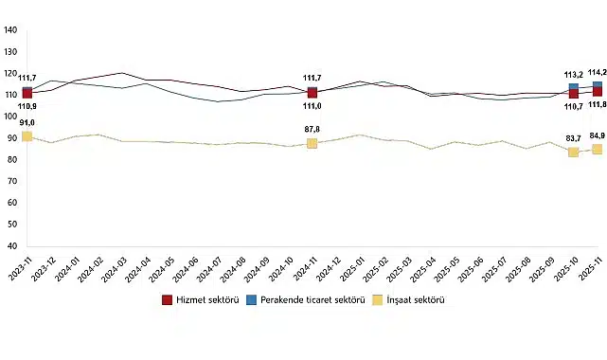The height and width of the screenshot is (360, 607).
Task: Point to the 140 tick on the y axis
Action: coord(10,29)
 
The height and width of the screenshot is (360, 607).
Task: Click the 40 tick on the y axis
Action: coord(10,246)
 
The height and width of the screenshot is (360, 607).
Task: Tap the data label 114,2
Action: coord(598,72)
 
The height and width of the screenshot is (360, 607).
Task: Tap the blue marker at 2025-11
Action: coord(598,86)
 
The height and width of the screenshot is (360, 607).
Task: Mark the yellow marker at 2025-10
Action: coord(574,152)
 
